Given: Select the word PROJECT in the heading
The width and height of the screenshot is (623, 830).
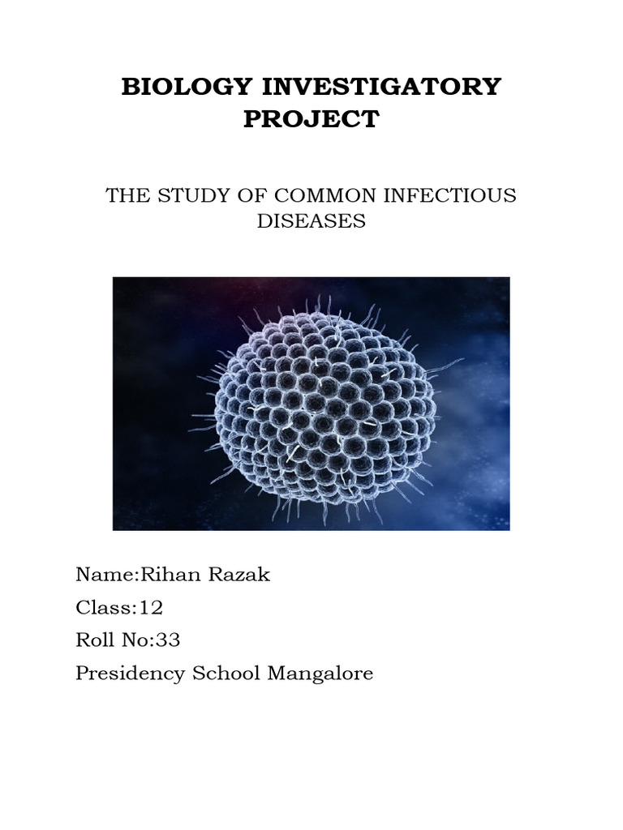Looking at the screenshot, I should [311, 120].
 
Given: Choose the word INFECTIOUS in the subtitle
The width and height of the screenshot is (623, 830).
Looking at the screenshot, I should [448, 196].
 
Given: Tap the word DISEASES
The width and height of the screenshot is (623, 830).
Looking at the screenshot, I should [311, 221].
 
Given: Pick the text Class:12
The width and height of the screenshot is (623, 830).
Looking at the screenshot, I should [114, 608].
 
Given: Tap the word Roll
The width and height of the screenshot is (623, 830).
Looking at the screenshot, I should [95, 640].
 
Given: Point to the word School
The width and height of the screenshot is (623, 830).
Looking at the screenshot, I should [223, 674].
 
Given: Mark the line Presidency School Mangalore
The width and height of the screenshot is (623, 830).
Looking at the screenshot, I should [225, 674].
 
